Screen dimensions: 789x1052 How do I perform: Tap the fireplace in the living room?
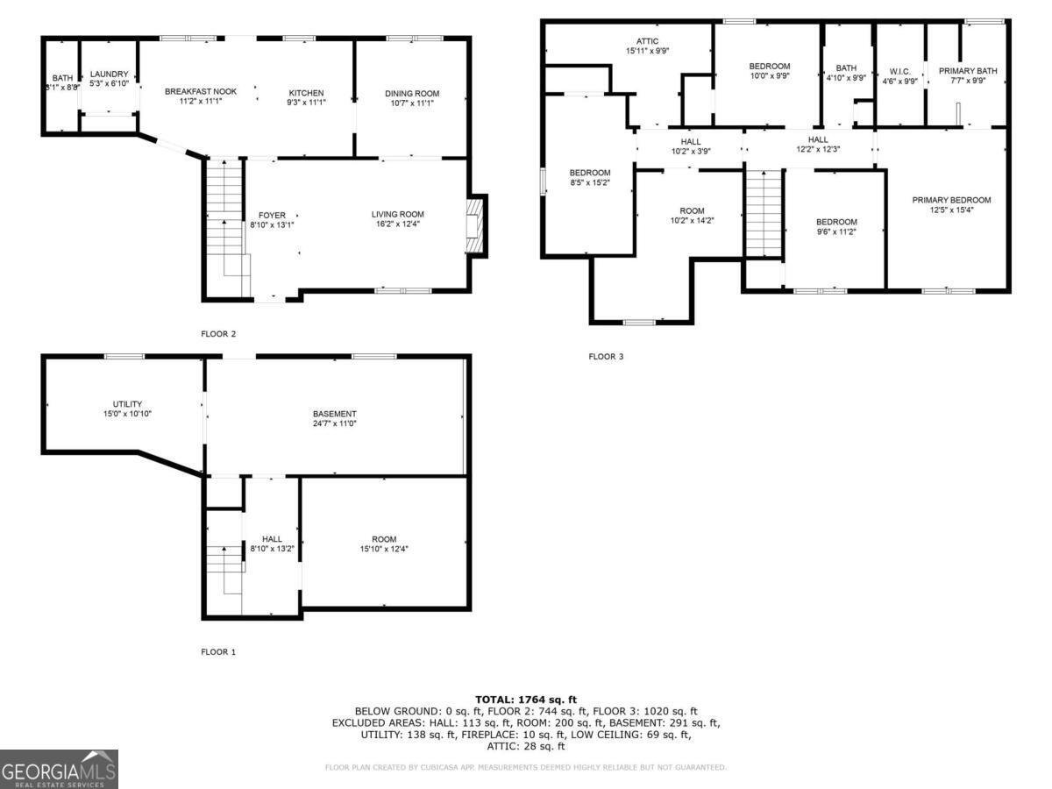point(474,224)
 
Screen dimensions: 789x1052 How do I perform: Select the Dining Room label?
point(411,94)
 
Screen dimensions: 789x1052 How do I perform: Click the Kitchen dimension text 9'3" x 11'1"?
point(307,103)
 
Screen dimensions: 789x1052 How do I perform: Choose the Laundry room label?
point(109,74)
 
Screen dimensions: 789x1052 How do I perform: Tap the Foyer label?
point(272,215)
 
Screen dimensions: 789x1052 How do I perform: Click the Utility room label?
point(127,404)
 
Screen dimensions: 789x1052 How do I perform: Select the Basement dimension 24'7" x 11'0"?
point(334,424)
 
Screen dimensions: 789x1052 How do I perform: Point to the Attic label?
point(647,41)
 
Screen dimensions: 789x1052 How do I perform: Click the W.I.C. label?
point(900,71)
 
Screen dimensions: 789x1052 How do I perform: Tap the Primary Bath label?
point(968,71)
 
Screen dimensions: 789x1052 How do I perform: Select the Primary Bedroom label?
point(950,200)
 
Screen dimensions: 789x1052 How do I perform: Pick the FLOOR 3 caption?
point(606,357)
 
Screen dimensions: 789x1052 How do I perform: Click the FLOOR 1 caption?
point(218,652)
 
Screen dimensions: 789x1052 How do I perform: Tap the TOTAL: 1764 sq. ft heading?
point(526,699)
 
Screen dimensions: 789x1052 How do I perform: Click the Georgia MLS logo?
point(59,769)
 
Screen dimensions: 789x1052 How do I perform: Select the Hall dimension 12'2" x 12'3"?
point(818,150)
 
